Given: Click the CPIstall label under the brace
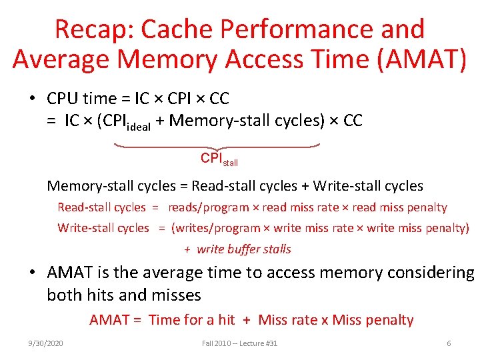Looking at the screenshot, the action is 219,159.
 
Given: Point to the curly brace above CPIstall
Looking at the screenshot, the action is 217,145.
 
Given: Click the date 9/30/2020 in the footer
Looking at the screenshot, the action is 46,343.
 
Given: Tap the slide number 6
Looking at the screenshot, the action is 449,343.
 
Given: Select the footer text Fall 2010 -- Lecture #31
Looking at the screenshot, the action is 239,343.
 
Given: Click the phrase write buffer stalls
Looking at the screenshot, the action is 244,249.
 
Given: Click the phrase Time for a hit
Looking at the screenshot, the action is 191,320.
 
